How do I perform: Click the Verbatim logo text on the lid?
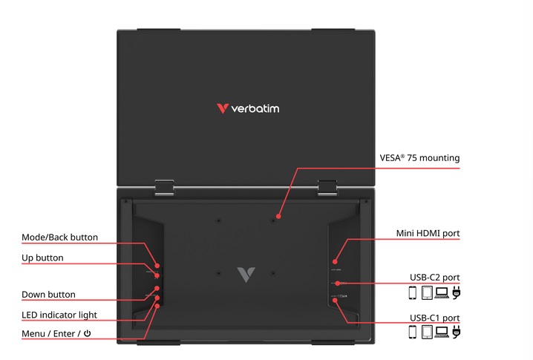tap(255, 108)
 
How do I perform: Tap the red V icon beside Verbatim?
tap(222, 108)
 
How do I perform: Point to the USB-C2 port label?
tap(435, 278)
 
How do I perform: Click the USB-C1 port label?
tap(435, 318)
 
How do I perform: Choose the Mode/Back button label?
tap(59, 238)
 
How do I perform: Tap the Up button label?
tap(42, 258)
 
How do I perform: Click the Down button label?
tap(48, 295)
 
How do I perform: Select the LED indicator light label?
tap(59, 315)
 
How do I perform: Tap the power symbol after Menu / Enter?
tap(87, 334)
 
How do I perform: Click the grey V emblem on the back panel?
tap(245, 274)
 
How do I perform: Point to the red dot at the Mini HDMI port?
tap(335, 261)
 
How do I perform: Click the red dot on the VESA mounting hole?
tap(275, 220)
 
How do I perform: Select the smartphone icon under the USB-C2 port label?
tap(413, 292)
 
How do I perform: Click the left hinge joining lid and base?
tap(165, 187)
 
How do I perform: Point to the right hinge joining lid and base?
tap(327, 187)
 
